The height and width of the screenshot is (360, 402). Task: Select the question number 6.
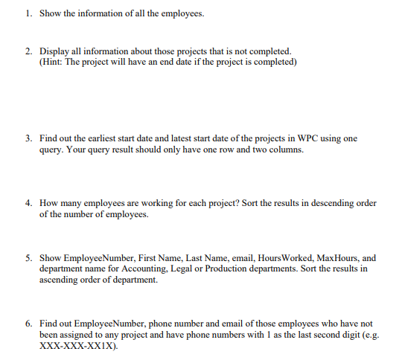coord(28,325)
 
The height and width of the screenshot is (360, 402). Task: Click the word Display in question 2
coord(54,51)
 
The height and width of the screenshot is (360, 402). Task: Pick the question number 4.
coord(28,202)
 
